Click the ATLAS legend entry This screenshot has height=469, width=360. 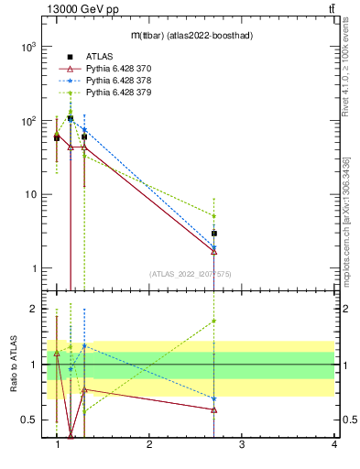pyautogui.click(x=99, y=57)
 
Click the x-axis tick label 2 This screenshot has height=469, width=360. pyautogui.click(x=149, y=446)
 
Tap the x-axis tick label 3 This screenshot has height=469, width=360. pyautogui.click(x=242, y=446)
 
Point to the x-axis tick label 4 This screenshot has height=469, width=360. pyautogui.click(x=333, y=446)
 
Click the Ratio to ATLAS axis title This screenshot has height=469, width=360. pyautogui.click(x=14, y=365)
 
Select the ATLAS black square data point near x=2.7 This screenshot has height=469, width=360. pyautogui.click(x=213, y=234)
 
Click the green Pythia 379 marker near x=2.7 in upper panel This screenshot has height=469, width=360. pyautogui.click(x=213, y=216)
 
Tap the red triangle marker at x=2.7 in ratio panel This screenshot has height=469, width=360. pyautogui.click(x=213, y=409)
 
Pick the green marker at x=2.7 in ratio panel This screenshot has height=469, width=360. pyautogui.click(x=213, y=321)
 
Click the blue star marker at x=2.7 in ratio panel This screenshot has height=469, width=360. pyautogui.click(x=213, y=398)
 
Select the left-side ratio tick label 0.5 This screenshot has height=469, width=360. pyautogui.click(x=31, y=420)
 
